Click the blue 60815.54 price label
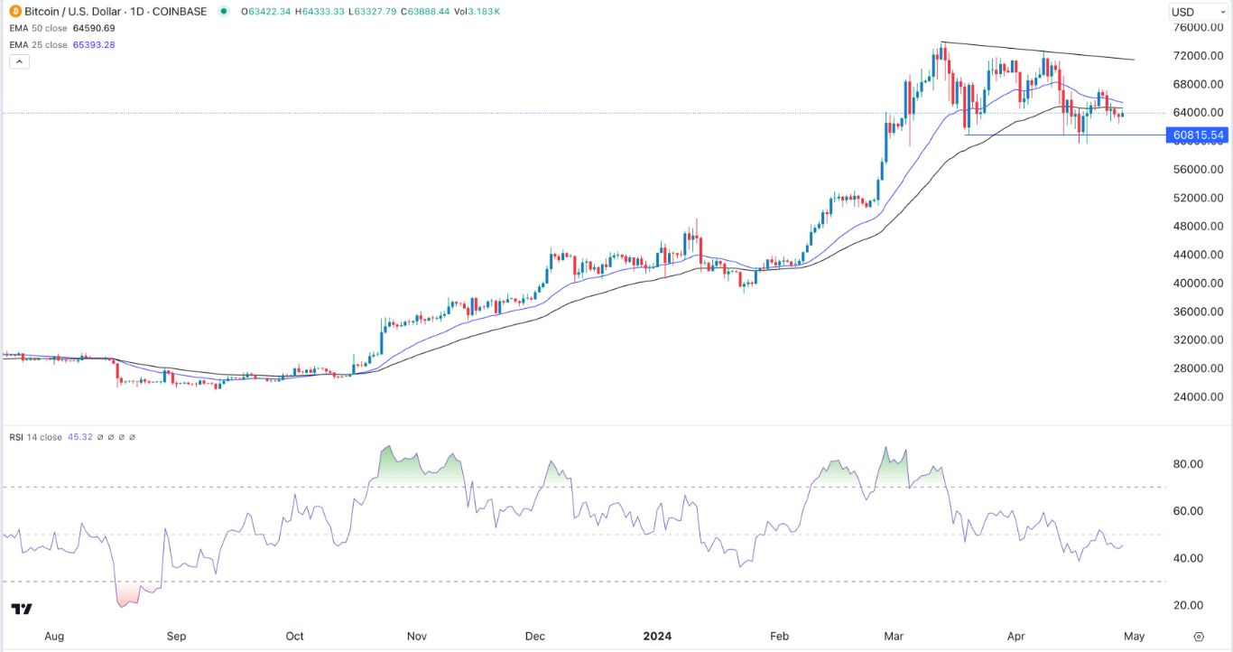[x=1197, y=135]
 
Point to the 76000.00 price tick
[x=1198, y=27]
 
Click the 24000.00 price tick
[x=1198, y=396]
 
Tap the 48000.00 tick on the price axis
[x=1198, y=226]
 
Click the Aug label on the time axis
[x=54, y=636]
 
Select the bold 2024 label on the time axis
[x=656, y=636]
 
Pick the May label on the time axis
[x=1134, y=636]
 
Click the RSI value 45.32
[x=79, y=437]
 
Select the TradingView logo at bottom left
[x=23, y=609]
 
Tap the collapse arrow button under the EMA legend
[x=20, y=61]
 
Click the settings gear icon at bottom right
[x=1199, y=636]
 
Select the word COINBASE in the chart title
[x=181, y=12]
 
